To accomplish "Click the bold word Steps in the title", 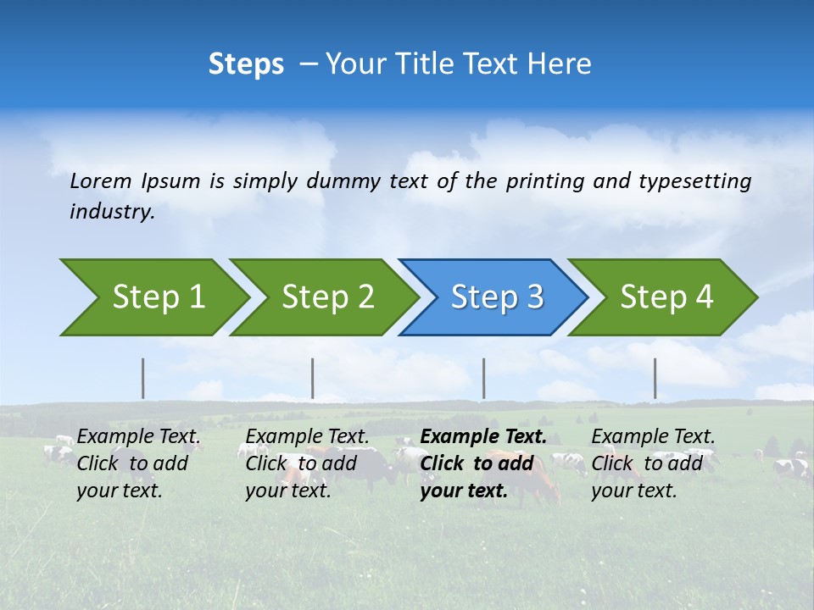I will tap(246, 64).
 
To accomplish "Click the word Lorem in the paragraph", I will tap(101, 181).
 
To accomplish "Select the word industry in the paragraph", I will tap(112, 211).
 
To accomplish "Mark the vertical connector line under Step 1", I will tap(143, 378).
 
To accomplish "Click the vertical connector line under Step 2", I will tap(313, 378).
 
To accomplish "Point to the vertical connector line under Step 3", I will tap(483, 378).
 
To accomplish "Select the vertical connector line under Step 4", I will tap(655, 378).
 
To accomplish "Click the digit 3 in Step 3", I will tap(535, 297).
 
